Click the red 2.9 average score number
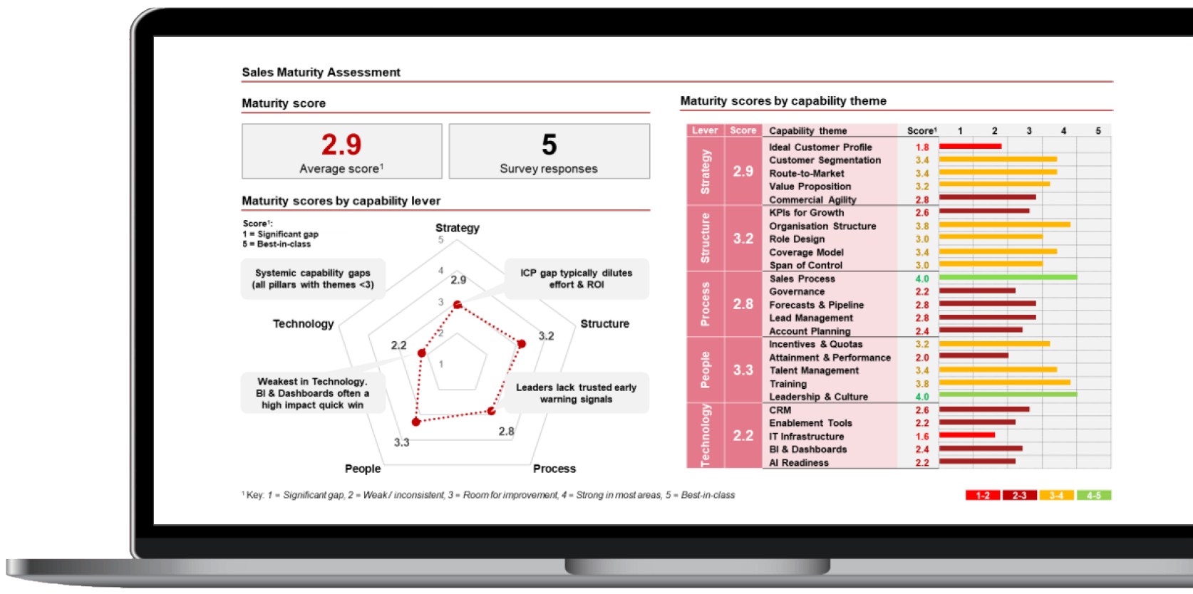click(x=341, y=145)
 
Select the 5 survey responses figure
click(x=549, y=145)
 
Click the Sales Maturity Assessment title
click(x=321, y=72)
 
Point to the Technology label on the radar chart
click(x=303, y=323)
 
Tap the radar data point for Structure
click(x=521, y=344)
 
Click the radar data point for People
click(x=417, y=422)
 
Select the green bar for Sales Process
click(x=1008, y=278)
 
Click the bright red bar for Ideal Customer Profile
click(x=970, y=147)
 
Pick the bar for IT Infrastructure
click(x=966, y=435)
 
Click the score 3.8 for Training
click(x=922, y=384)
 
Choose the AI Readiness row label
click(x=799, y=463)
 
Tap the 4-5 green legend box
click(x=1093, y=495)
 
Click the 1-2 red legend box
click(x=983, y=495)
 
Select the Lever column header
click(x=705, y=130)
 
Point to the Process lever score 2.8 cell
click(x=743, y=304)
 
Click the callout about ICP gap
click(x=576, y=278)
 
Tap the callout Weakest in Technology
click(x=313, y=393)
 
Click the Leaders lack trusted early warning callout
click(x=576, y=393)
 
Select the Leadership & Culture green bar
click(x=1008, y=396)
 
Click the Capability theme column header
click(x=807, y=130)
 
